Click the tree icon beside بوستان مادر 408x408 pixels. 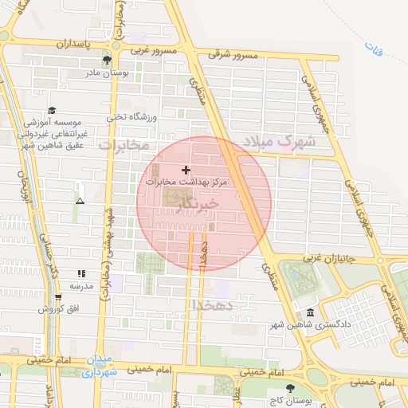[107, 61]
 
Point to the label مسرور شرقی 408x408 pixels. [234, 55]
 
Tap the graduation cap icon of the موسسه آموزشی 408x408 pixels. [52, 110]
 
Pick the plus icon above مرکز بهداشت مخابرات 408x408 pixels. [186, 170]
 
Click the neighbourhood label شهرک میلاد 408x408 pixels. [280, 142]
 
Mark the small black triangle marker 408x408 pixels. [79, 200]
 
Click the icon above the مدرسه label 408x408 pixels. [80, 273]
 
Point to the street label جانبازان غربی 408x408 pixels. [339, 258]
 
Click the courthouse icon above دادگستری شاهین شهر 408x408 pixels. [310, 313]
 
